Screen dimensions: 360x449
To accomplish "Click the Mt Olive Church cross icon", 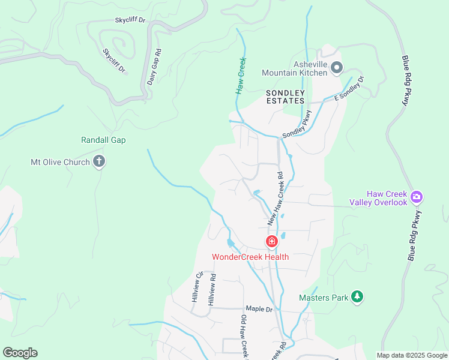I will click(x=100, y=161).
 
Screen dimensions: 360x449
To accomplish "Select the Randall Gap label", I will click(x=103, y=140).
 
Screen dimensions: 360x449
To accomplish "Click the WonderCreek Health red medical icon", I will click(x=271, y=242).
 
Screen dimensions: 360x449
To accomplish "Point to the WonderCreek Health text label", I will click(x=250, y=257).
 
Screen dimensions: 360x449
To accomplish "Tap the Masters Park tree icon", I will click(x=357, y=296).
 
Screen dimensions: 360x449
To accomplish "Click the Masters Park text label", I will click(x=324, y=297).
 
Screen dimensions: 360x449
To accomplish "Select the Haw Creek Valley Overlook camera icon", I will click(x=417, y=196).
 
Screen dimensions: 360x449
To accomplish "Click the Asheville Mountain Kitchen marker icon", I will click(x=337, y=68).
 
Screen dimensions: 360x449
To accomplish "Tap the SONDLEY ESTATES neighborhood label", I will click(x=286, y=97).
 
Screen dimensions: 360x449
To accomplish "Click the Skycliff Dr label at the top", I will click(x=130, y=20).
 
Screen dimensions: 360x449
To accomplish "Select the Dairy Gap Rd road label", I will click(x=154, y=67).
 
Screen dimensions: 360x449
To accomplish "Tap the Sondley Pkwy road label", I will click(x=298, y=124).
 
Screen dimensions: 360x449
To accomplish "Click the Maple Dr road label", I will click(x=259, y=309).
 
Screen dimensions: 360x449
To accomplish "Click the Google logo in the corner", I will click(x=20, y=353).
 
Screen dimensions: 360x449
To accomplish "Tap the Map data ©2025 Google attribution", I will click(x=411, y=355).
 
